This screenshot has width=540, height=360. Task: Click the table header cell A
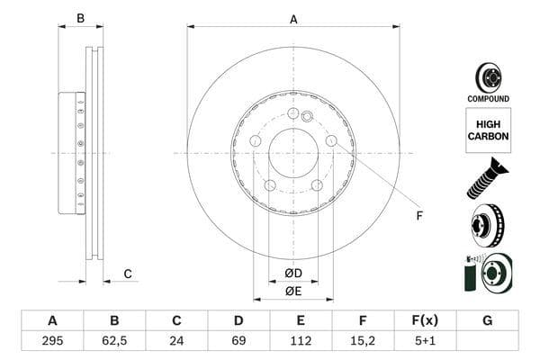pos(51,320)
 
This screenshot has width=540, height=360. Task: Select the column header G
pos(487,320)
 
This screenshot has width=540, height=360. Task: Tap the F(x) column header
pos(425,320)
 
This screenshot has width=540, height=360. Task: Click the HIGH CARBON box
pos(488,130)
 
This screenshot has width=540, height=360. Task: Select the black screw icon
pos(487,177)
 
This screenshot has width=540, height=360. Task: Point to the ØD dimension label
pos(293,273)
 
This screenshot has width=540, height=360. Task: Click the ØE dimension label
pos(293,291)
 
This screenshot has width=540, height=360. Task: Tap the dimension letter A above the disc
pos(293,19)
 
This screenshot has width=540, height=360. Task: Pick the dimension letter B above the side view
pos(80,19)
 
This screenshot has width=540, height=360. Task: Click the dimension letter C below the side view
pos(128,274)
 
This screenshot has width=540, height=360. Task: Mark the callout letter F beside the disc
pos(418,215)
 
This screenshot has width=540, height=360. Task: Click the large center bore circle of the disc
pos(292,153)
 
